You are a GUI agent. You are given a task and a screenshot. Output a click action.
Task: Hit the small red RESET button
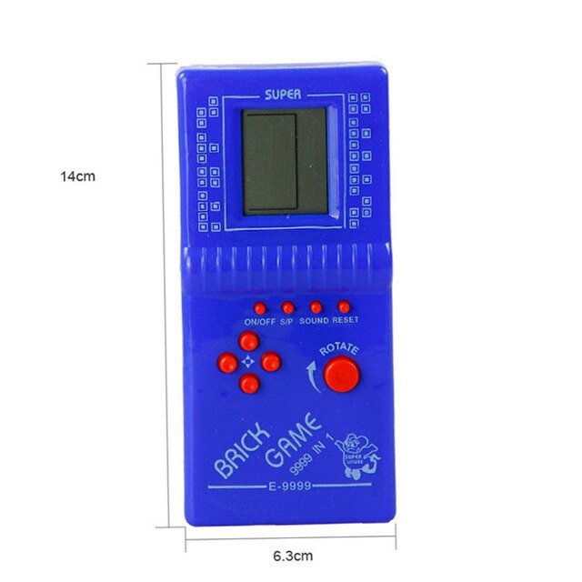[344, 307]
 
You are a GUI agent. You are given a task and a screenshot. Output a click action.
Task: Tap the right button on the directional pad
[270, 362]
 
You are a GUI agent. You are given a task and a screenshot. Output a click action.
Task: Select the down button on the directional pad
[249, 384]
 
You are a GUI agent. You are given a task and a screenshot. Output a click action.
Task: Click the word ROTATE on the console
[339, 348]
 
